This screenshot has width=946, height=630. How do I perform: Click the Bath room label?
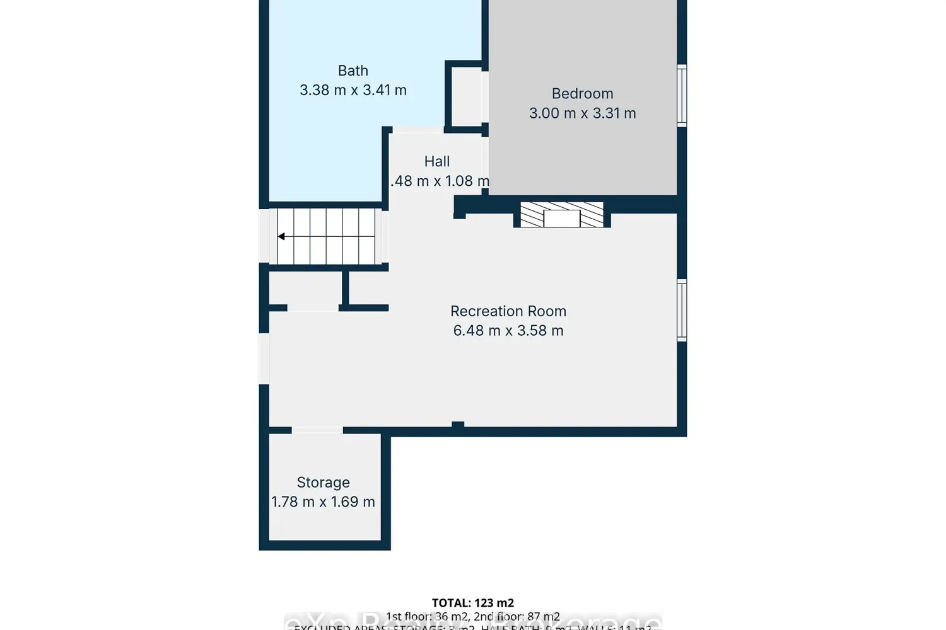click(x=353, y=71)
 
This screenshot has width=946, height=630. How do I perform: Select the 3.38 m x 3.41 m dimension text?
click(x=353, y=90)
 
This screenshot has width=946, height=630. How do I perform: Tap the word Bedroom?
click(x=582, y=94)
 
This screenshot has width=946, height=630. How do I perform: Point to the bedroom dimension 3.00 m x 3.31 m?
click(x=582, y=113)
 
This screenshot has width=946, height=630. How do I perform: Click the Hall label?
click(x=436, y=162)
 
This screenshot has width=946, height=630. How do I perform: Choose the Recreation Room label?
click(x=508, y=311)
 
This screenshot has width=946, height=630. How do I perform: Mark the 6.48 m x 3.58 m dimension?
click(x=508, y=331)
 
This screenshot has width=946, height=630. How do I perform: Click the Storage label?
click(x=323, y=483)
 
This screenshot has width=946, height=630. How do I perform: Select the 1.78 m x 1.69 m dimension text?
click(x=323, y=502)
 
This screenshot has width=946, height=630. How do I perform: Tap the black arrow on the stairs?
click(x=282, y=236)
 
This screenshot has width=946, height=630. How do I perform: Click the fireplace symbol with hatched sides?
click(x=561, y=215)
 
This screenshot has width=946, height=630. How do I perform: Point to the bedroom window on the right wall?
click(x=682, y=95)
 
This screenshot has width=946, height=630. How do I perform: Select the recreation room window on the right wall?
click(x=682, y=311)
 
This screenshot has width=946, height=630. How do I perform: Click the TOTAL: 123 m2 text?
click(x=472, y=603)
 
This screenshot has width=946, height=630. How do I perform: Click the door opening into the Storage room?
click(x=317, y=430)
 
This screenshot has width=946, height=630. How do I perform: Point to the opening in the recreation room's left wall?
click(x=264, y=358)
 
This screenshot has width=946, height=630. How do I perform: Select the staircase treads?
click(x=327, y=236)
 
